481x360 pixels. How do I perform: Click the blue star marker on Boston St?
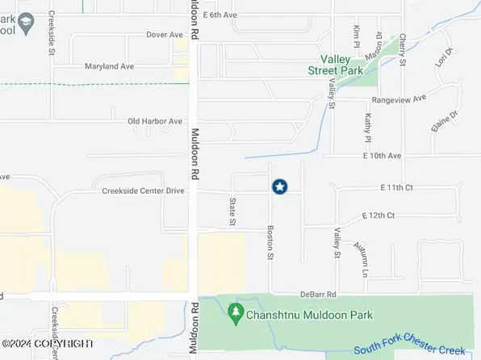coord(279,186)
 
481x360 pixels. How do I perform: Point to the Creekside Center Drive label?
coord(144,191)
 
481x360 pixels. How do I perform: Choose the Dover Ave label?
coord(165,35)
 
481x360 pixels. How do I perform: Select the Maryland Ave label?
coord(107,68)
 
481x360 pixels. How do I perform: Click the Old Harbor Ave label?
coord(155,122)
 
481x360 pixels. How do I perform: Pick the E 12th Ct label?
coord(379,216)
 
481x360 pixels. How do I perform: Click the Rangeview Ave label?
coord(398,99)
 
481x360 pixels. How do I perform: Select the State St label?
coord(232,211)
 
